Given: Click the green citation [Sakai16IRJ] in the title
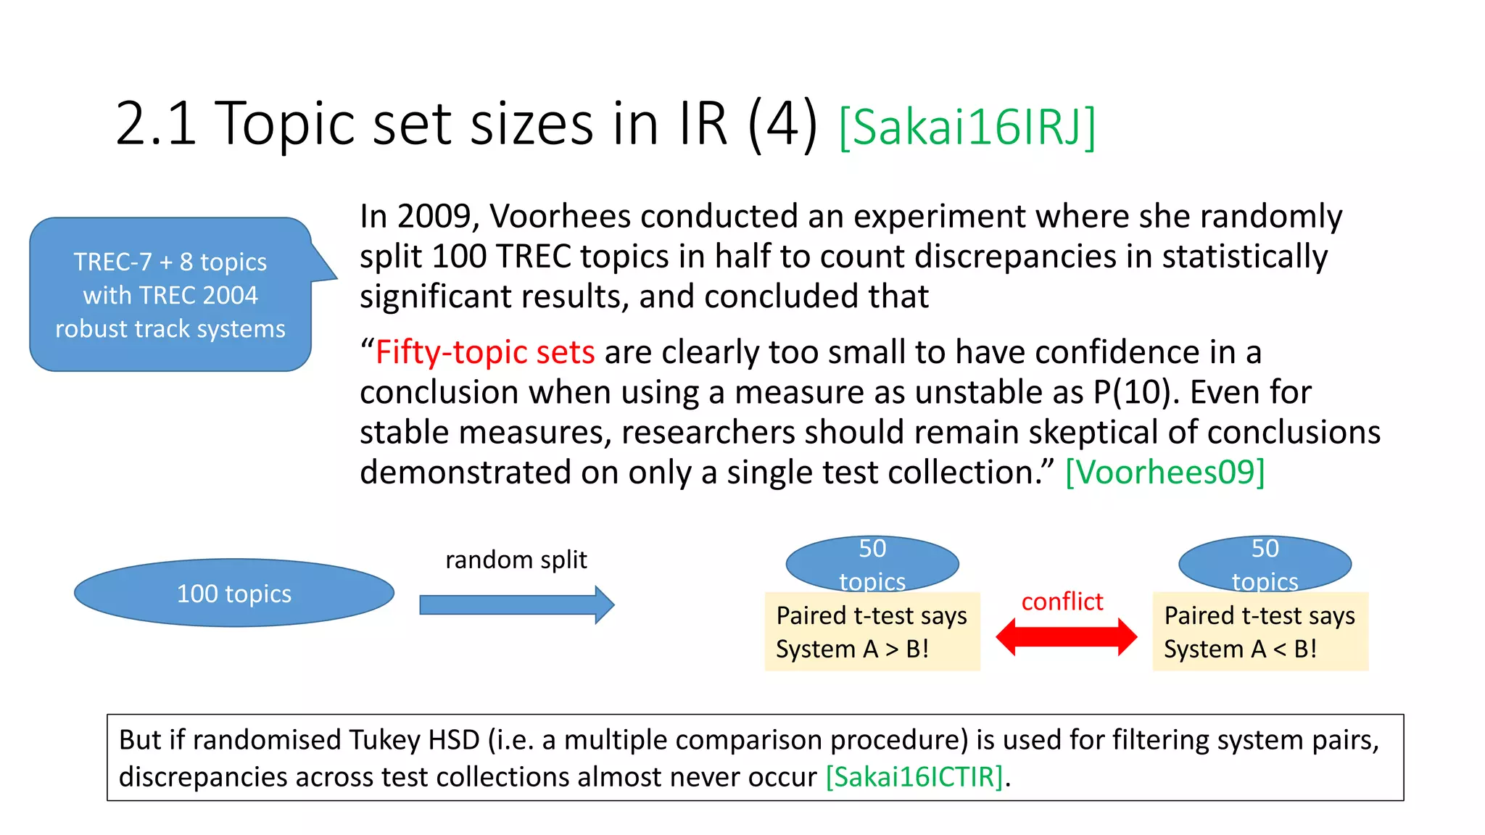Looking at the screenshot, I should point(967,128).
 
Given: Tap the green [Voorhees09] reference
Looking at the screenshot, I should point(1165,472).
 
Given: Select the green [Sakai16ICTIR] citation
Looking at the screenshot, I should point(914,776).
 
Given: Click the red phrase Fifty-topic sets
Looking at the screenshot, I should point(485,352).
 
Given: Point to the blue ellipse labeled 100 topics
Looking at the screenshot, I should point(233,593).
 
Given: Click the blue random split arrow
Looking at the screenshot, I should point(516,605).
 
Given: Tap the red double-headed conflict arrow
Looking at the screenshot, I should point(1066,637).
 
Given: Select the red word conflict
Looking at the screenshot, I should point(1062,601).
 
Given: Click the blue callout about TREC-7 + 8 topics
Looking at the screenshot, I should point(170,295).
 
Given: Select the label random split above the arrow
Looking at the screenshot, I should point(516,560).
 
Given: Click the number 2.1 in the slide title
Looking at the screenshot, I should point(156,123).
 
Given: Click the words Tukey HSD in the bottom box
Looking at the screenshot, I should point(414,740).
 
